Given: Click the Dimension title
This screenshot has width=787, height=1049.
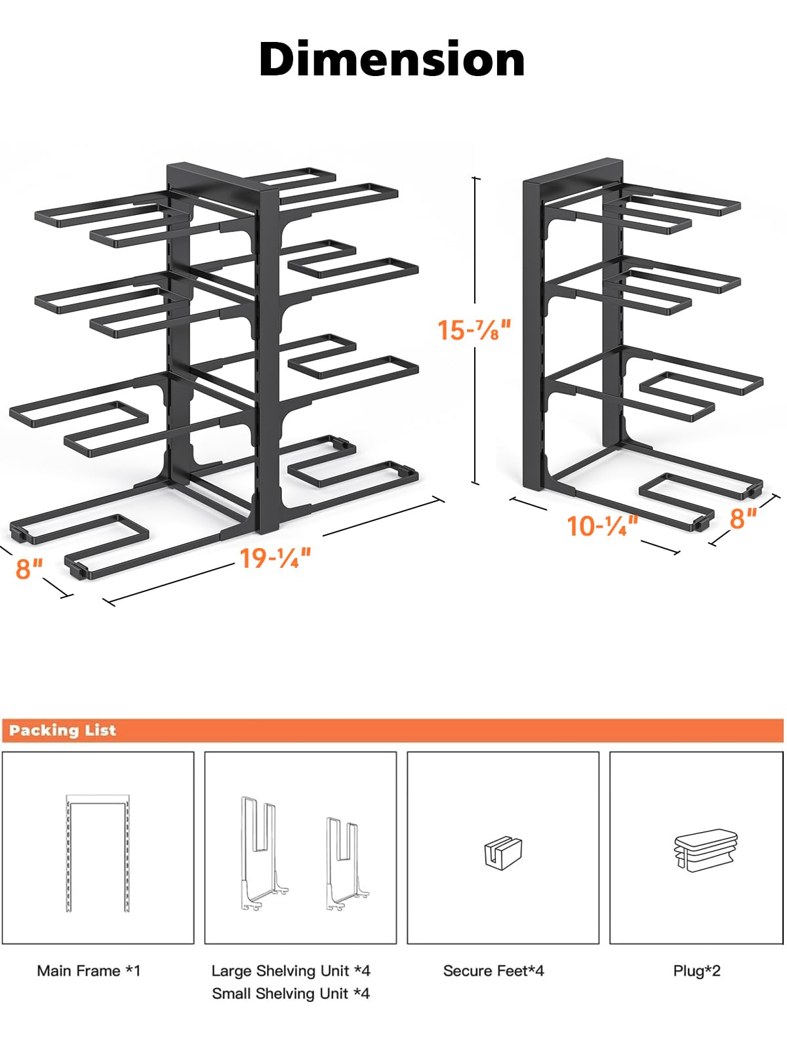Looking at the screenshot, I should click(392, 59).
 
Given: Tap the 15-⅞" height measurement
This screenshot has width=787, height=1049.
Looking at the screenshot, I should click(474, 330).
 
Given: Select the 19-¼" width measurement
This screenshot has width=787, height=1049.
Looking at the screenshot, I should click(275, 558).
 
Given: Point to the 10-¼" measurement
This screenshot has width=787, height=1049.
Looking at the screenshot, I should click(601, 526).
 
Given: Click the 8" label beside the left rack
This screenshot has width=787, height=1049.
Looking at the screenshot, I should click(30, 568).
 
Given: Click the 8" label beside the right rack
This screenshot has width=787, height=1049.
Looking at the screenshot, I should click(743, 519).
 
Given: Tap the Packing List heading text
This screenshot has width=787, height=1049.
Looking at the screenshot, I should click(62, 730).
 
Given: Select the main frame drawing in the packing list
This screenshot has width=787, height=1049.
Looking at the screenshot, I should click(97, 852).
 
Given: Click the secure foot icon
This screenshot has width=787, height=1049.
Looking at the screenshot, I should click(503, 853).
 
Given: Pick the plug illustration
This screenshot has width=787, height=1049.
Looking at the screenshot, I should click(706, 850).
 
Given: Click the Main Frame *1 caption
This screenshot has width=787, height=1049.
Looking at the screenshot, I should click(89, 970).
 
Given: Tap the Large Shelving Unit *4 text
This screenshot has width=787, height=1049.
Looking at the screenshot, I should click(291, 970).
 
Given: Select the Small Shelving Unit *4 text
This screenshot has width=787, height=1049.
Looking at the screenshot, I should click(291, 993).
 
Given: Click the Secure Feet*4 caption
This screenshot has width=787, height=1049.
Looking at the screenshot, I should click(493, 970).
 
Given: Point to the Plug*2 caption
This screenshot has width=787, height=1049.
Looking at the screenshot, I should click(696, 970).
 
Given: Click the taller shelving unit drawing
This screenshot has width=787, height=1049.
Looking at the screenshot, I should click(262, 852).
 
